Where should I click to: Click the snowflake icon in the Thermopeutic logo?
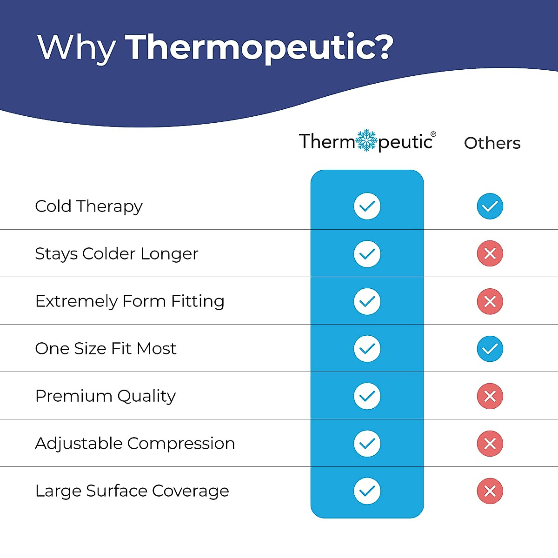pos(366,140)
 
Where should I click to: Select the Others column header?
pos(492,143)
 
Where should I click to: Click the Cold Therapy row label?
pos(89,206)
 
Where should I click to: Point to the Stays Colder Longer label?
pos(117,254)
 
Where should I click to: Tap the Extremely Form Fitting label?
pos(130,301)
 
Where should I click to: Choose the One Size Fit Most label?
pos(106,349)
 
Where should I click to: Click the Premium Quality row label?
pos(106,396)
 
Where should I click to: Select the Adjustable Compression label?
pos(135,444)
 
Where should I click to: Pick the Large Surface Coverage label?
pos(132,491)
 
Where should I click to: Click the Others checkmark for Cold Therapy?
pos(490,206)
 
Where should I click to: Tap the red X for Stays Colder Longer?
pos(490,253)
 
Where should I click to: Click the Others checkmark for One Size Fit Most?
pos(490,349)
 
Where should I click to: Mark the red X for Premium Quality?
pos(490,396)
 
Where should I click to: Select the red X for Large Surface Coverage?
pos(490,491)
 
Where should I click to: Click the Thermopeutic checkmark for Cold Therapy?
pos(367,206)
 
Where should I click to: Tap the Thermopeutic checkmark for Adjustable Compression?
pos(367,444)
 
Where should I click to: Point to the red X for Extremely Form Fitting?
pos(490,301)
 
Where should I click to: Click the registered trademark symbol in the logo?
pos(433,134)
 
